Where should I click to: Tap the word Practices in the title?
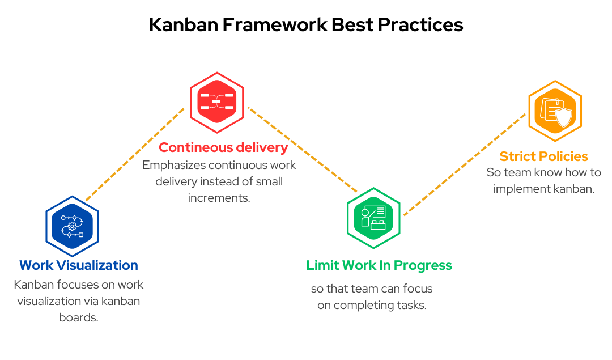click(x=420, y=24)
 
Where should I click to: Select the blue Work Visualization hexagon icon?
click(x=72, y=226)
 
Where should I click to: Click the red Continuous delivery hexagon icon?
click(x=217, y=102)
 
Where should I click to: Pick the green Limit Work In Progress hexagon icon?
click(x=373, y=218)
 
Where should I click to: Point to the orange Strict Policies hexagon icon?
click(x=555, y=111)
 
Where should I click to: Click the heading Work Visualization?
click(x=78, y=265)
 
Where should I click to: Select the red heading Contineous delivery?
click(x=223, y=147)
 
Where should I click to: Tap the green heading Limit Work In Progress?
click(x=379, y=265)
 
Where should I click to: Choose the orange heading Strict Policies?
click(x=543, y=156)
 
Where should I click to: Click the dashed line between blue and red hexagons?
click(x=135, y=154)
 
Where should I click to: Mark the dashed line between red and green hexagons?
click(x=303, y=150)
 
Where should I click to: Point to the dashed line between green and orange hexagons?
click(x=465, y=164)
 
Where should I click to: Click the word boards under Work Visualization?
click(x=78, y=317)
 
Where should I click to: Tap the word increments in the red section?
click(x=219, y=198)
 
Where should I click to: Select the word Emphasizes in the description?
click(x=174, y=165)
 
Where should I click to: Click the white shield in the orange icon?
click(x=564, y=117)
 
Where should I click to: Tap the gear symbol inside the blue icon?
click(x=72, y=226)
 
